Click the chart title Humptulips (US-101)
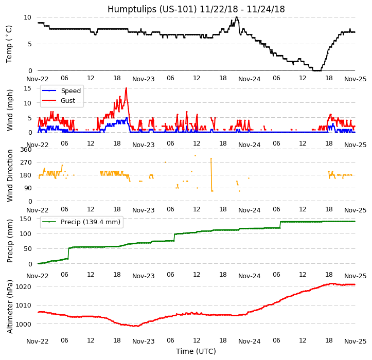(196, 9)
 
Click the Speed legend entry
(70, 91)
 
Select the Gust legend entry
(67, 101)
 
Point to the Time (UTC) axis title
(196, 351)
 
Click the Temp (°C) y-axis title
(9, 44)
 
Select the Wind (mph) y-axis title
(10, 110)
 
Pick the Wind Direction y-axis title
(10, 175)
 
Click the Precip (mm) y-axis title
(10, 241)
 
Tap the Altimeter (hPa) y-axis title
(10, 307)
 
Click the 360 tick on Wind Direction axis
(26, 150)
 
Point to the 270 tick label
(26, 163)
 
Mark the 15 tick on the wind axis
(28, 88)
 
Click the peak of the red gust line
(126, 88)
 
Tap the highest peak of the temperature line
(237, 17)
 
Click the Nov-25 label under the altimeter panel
(355, 341)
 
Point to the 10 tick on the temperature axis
(28, 17)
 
